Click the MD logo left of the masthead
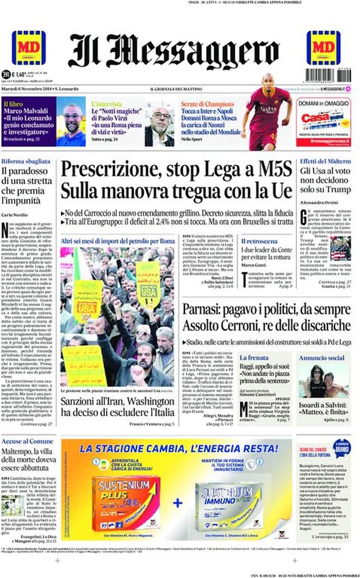click(x=28, y=48)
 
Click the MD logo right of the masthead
click(x=323, y=48)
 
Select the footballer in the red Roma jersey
click(x=267, y=112)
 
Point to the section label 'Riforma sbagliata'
click(x=26, y=162)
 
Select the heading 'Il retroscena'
click(x=258, y=240)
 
